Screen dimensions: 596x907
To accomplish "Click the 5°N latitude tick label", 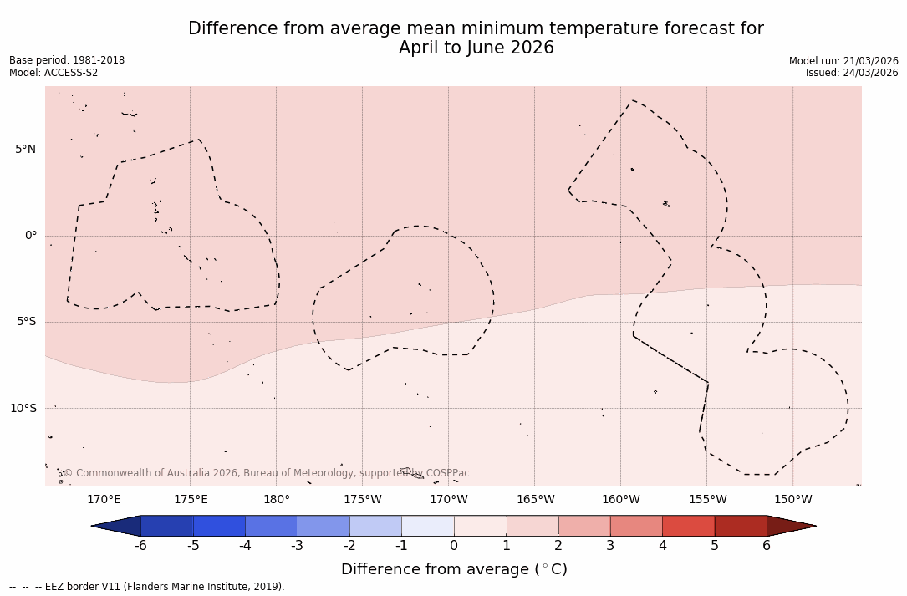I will tap(25, 150).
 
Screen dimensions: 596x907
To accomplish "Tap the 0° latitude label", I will tap(31, 236).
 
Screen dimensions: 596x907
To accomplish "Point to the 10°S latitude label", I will tap(23, 409).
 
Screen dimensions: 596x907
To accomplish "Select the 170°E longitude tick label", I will tap(104, 500).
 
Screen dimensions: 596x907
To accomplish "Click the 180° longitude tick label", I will tap(276, 500).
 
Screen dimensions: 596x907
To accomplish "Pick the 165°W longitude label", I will tap(535, 500).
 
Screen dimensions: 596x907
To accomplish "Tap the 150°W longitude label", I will tap(792, 500).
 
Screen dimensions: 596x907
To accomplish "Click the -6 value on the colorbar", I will tap(140, 546).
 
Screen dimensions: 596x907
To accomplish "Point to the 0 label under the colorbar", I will tap(454, 546).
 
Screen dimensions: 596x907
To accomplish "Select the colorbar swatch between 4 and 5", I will tap(688, 526).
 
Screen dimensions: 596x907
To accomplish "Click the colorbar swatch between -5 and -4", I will tap(219, 526).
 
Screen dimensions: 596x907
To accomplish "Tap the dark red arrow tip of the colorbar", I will tap(789, 526).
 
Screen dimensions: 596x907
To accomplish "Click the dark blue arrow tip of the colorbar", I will tap(117, 526).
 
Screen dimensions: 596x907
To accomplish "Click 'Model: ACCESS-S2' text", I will tap(54, 73).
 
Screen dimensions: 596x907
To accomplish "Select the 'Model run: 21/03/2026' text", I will tap(843, 61).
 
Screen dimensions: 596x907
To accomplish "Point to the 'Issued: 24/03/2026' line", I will tap(852, 73).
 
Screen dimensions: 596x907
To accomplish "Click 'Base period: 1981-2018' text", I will tap(67, 60).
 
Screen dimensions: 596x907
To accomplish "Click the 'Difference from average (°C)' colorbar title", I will tap(454, 569).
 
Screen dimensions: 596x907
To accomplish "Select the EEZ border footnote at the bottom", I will tap(147, 587).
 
